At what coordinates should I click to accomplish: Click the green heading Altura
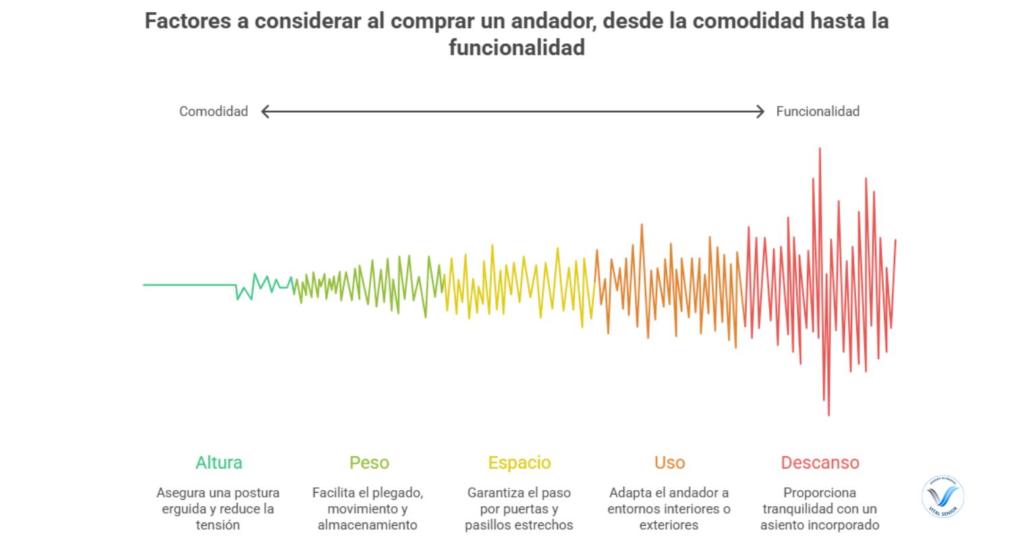219,463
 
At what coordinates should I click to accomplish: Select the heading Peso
369,463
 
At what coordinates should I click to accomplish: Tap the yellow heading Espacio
519,463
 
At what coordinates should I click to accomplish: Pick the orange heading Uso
669,463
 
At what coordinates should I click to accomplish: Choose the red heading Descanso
820,463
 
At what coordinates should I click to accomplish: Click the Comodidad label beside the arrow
213,111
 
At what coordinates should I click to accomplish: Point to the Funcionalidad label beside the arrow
818,111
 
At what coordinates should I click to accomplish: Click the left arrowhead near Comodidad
265,111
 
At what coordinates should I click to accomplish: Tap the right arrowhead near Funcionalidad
760,111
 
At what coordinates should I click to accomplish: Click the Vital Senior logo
943,498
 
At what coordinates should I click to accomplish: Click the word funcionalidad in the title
516,48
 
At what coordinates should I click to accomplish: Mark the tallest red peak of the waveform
820,149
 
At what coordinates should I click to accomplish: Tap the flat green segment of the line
189,285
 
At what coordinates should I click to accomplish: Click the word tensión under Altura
218,525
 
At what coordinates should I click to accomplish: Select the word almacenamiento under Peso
368,525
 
